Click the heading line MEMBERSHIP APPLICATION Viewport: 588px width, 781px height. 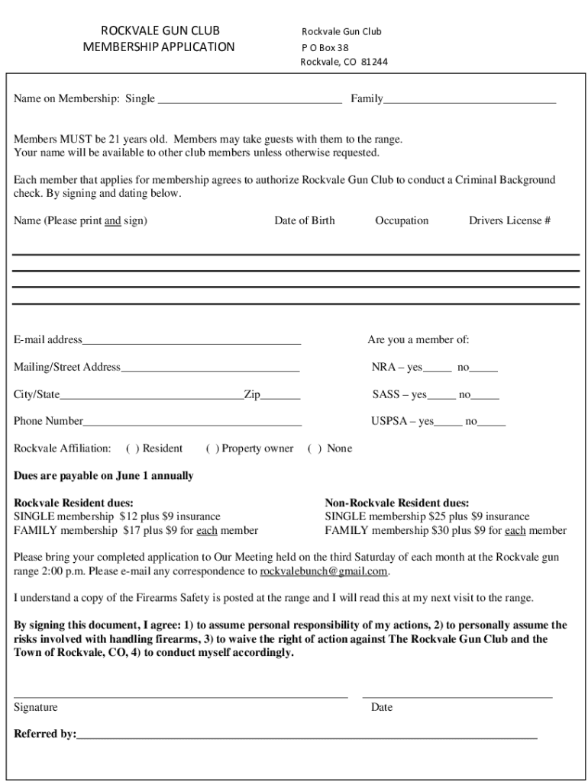(x=158, y=47)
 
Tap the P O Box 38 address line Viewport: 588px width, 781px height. (x=325, y=47)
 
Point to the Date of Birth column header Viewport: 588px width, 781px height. (x=304, y=220)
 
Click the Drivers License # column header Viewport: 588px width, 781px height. (x=509, y=220)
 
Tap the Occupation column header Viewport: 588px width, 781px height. (x=402, y=220)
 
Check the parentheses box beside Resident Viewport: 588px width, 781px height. (x=132, y=448)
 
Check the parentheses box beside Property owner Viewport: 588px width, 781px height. (x=212, y=448)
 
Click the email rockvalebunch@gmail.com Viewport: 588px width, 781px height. (x=325, y=571)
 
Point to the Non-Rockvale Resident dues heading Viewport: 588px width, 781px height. (x=397, y=503)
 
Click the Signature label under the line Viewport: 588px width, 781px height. (x=36, y=707)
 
